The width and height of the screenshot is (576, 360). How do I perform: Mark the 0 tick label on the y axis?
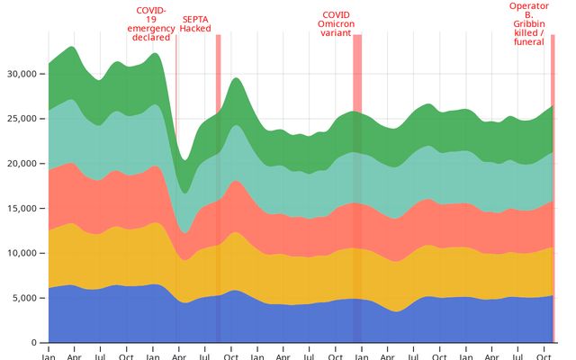(x=33, y=343)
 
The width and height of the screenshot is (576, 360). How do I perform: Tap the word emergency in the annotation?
(x=150, y=29)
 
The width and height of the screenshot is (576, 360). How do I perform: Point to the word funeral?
(x=528, y=41)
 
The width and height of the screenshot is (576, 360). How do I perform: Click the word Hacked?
(x=195, y=28)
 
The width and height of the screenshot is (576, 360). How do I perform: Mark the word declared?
(x=150, y=38)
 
